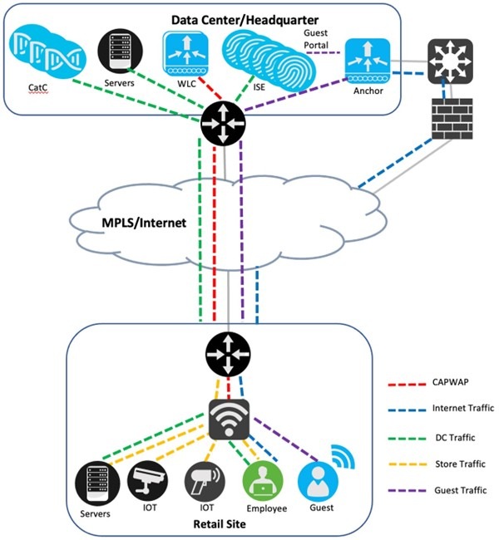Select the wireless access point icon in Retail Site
point(227,419)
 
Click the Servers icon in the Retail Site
point(94,482)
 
